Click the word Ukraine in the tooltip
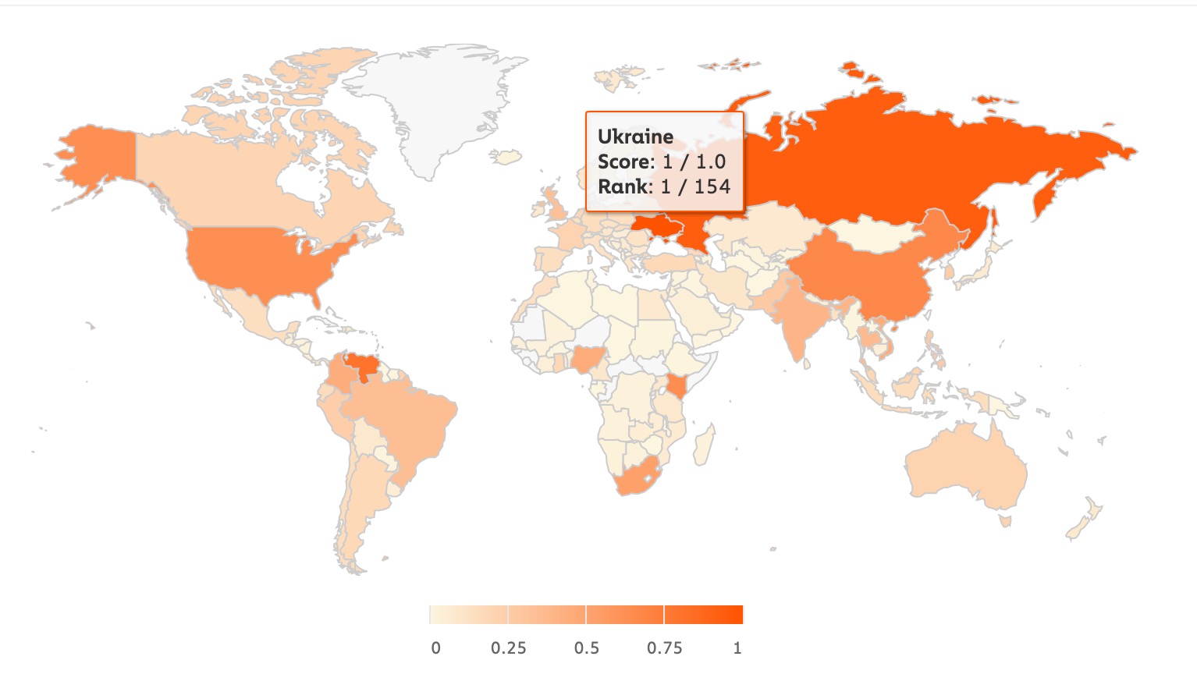click(635, 137)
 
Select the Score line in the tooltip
click(662, 161)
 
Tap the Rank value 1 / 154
click(695, 186)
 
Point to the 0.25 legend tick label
click(508, 648)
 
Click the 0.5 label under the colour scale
click(586, 648)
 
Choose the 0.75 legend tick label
click(664, 648)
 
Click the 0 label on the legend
click(435, 648)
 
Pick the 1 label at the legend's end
click(737, 648)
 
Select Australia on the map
click(964, 464)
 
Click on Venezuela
click(360, 366)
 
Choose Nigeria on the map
click(585, 360)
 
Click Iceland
click(508, 158)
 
